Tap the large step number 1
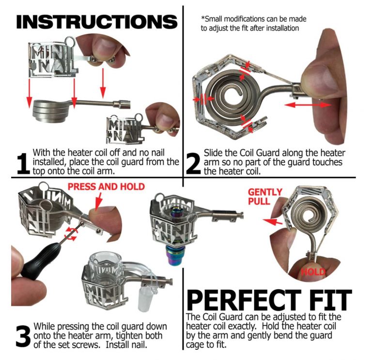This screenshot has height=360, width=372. point(22,163)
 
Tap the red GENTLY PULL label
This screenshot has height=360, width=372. point(264,197)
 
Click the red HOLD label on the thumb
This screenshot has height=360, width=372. point(312,272)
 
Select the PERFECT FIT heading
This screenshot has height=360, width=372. point(269,299)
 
